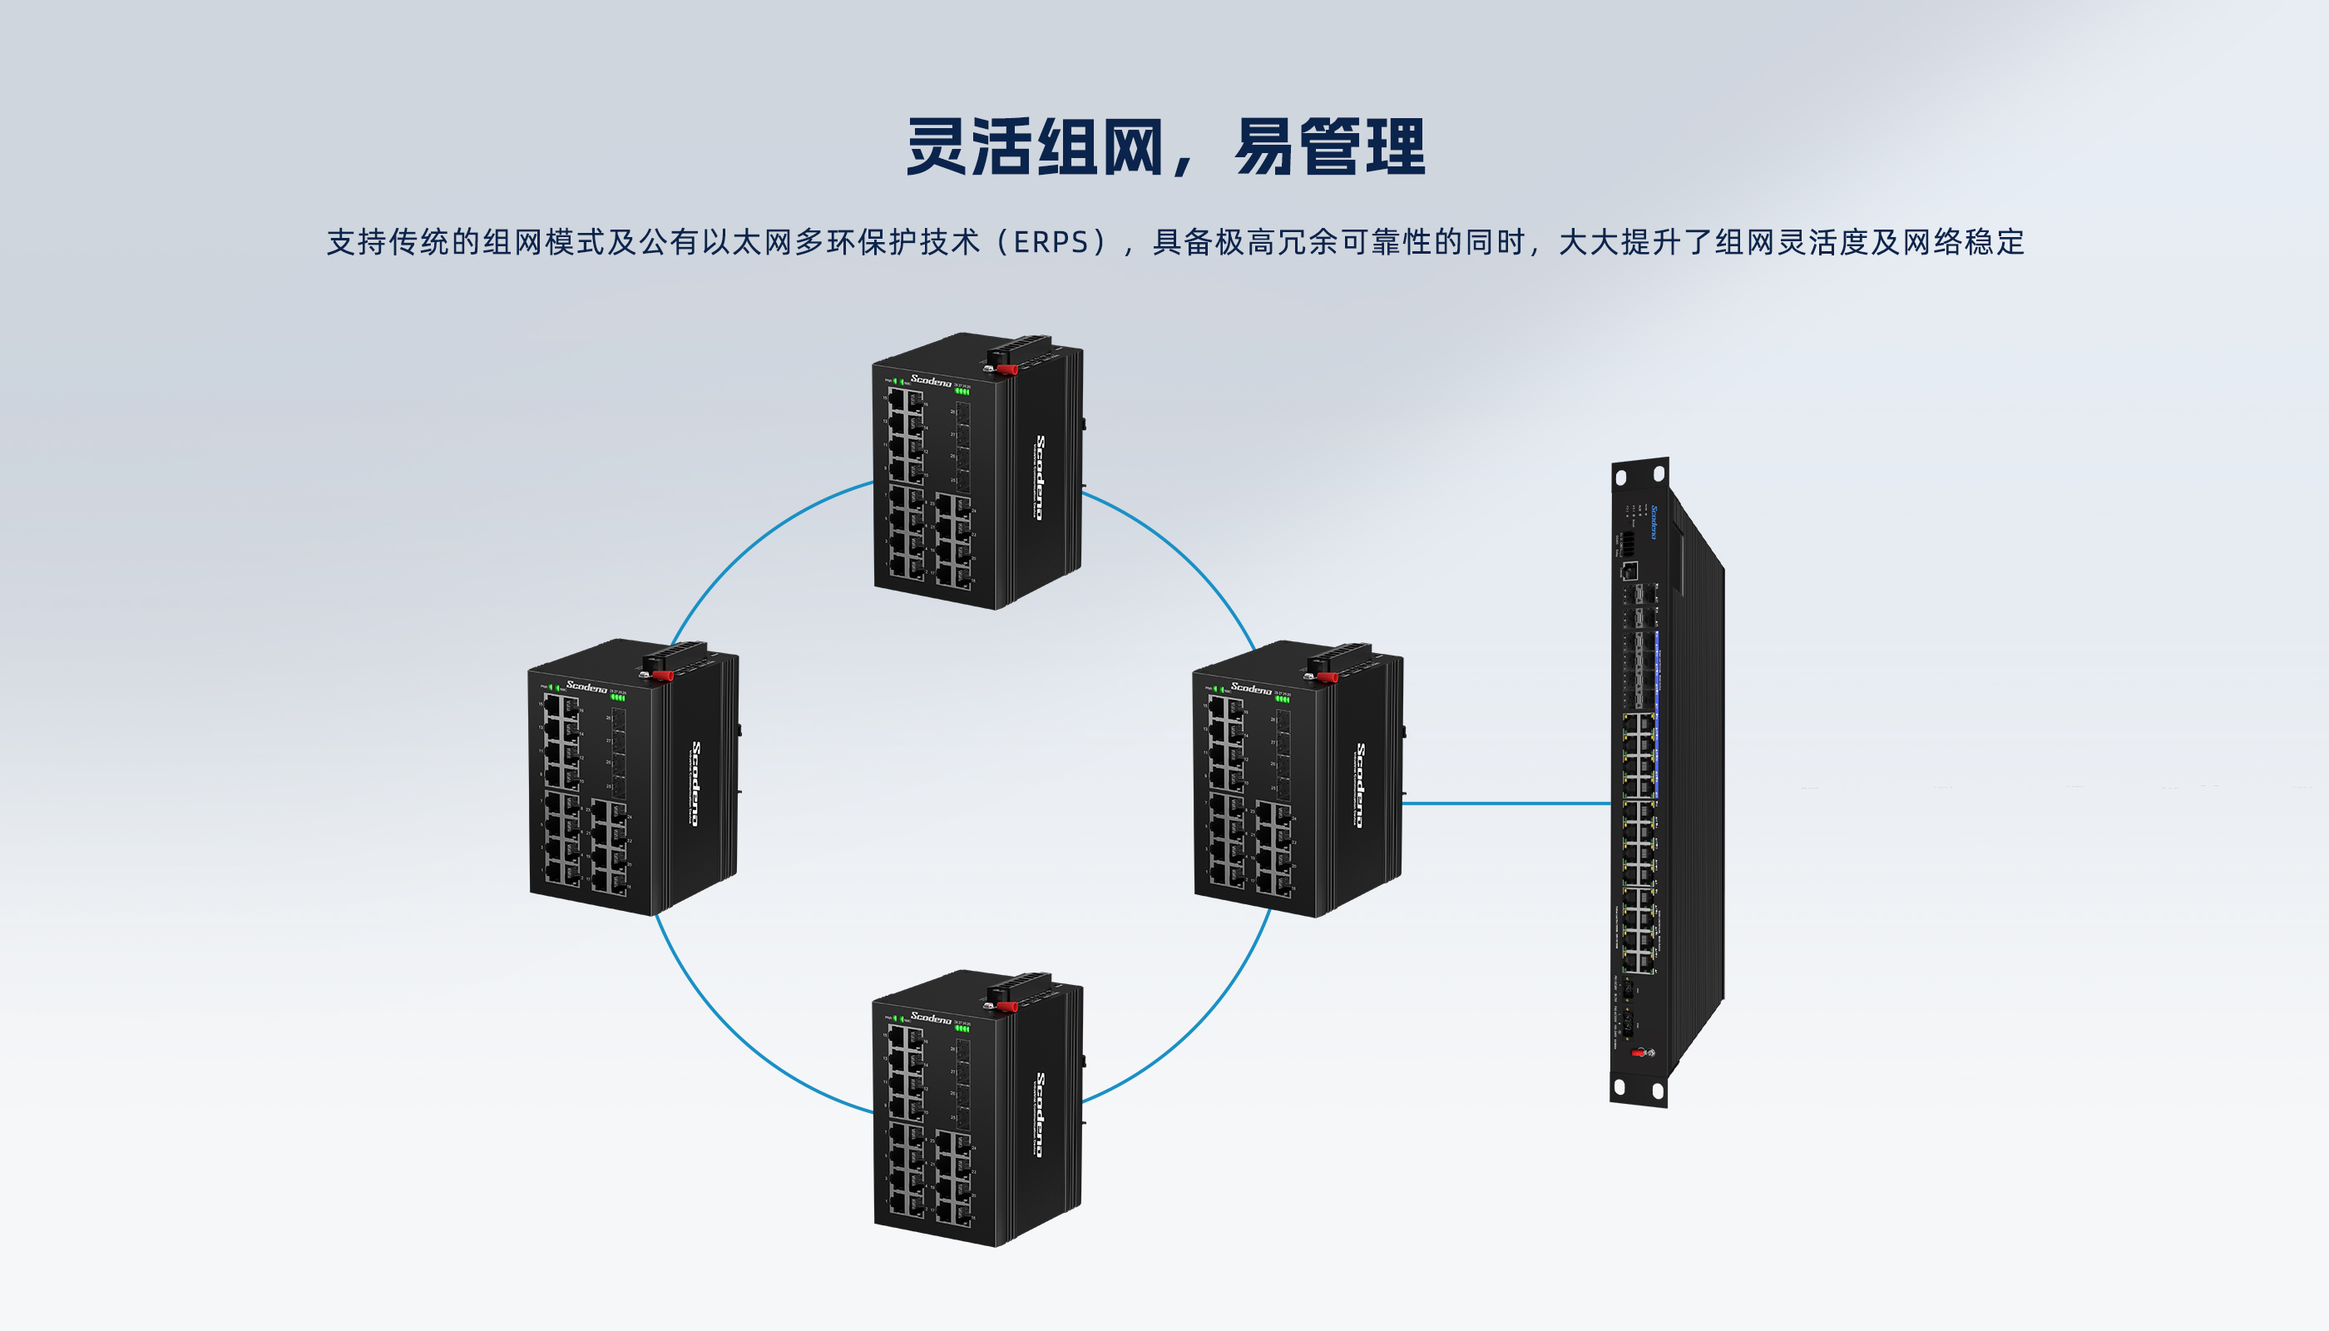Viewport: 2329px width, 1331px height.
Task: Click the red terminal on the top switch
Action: click(x=1006, y=369)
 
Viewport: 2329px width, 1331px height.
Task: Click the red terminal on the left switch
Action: click(x=661, y=675)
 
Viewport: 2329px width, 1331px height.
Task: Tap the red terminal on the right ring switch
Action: click(x=1327, y=677)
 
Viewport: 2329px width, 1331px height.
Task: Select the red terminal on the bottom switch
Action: click(x=1006, y=1007)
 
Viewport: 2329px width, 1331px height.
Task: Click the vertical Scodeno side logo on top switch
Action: click(x=1039, y=477)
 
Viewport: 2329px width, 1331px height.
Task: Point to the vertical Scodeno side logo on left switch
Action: click(x=695, y=784)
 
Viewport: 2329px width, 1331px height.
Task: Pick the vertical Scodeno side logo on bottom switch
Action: click(x=1039, y=1115)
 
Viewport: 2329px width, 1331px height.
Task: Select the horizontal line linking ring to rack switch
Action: click(x=1506, y=804)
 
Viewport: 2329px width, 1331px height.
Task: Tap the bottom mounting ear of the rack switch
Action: click(x=1638, y=1089)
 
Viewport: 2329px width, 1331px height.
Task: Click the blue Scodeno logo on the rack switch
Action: click(x=1653, y=522)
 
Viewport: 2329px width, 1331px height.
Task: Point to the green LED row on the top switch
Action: click(x=962, y=391)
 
